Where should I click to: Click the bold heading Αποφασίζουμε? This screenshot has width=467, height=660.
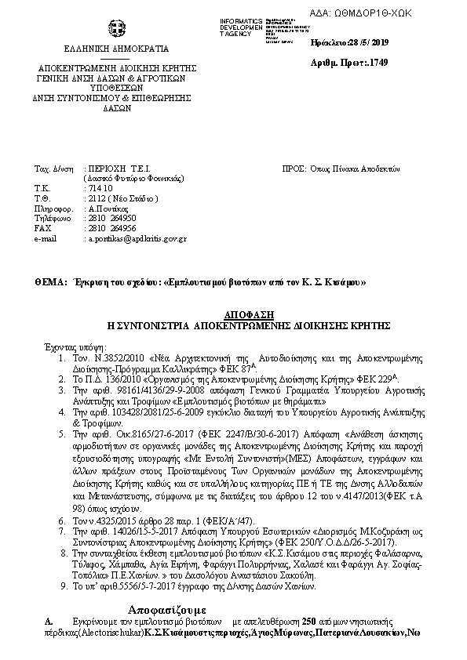[x=166, y=608]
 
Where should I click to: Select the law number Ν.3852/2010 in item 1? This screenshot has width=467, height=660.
[x=111, y=356]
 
